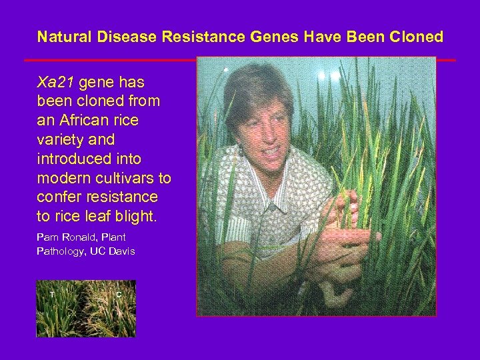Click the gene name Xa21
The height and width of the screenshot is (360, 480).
click(x=57, y=83)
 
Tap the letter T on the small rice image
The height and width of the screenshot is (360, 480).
click(x=51, y=294)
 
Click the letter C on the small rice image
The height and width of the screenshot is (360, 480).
click(x=118, y=294)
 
